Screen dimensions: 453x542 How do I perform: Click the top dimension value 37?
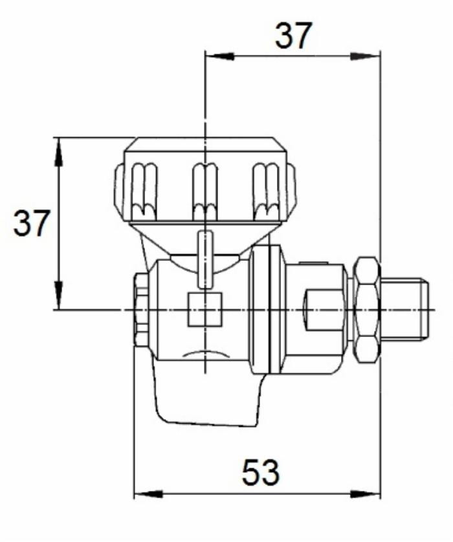294,36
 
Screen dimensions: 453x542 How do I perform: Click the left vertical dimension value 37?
32,223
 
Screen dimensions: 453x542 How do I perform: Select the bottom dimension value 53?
260,472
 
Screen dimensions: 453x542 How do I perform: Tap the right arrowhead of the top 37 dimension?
365,56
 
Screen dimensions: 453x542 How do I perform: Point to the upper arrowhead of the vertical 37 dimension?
59,152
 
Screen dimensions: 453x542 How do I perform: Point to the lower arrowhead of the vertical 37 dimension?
59,295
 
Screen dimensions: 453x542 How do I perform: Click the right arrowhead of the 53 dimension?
365,494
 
